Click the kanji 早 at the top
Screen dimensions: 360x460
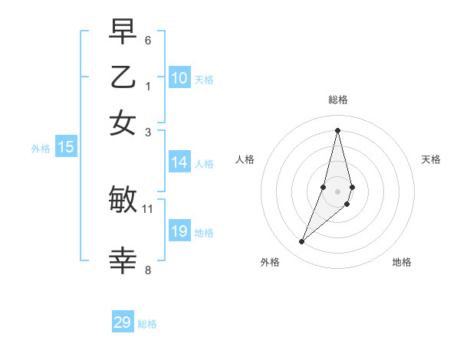point(123,32)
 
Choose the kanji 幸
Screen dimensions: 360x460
point(123,261)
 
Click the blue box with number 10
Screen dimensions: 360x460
point(179,78)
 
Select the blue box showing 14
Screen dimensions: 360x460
point(179,162)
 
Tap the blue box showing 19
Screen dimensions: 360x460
point(179,231)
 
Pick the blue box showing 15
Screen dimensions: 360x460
point(66,148)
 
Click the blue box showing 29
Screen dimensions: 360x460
point(123,322)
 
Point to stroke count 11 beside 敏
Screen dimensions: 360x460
point(148,208)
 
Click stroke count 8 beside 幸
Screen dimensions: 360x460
point(148,270)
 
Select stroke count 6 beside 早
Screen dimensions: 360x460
point(148,40)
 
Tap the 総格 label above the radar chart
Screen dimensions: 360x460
point(337,100)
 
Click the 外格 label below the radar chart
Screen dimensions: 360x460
point(270,263)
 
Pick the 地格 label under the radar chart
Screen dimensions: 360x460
point(402,263)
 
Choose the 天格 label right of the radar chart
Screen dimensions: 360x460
point(431,159)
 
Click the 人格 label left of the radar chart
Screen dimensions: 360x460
point(245,159)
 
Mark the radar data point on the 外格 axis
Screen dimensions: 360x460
point(301,242)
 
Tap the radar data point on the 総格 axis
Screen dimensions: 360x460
point(337,130)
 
